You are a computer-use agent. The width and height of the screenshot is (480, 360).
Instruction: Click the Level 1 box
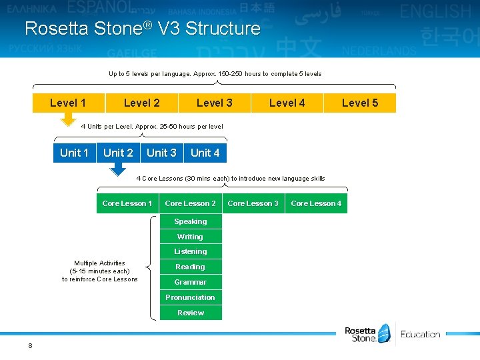click(69, 103)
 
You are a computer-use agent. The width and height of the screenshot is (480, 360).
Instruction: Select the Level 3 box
click(215, 103)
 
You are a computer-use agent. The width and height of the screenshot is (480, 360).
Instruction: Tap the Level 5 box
click(360, 103)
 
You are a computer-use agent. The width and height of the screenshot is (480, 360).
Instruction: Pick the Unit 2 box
click(118, 153)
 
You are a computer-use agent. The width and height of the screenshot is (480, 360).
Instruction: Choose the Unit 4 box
click(205, 153)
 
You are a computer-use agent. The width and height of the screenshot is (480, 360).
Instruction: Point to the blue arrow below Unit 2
click(118, 169)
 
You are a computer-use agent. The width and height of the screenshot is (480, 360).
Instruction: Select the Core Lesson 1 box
click(127, 203)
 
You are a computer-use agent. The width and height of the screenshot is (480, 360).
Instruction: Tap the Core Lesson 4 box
click(316, 203)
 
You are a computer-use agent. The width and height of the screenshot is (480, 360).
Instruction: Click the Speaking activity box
click(191, 221)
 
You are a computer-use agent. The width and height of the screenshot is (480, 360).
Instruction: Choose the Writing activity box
click(191, 237)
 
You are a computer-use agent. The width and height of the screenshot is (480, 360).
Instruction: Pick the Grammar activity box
click(191, 282)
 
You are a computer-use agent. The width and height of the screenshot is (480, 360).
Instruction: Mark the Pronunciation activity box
click(191, 297)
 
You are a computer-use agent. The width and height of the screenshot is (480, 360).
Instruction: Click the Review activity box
click(191, 313)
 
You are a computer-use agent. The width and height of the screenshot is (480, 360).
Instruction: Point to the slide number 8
click(31, 345)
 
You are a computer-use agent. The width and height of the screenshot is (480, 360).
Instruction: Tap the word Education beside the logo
click(421, 335)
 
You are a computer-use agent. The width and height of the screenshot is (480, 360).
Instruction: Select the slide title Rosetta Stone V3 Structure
click(142, 29)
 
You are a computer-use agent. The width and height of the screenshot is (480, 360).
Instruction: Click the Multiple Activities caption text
click(99, 271)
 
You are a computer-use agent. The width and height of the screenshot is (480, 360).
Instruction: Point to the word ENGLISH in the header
click(435, 11)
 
